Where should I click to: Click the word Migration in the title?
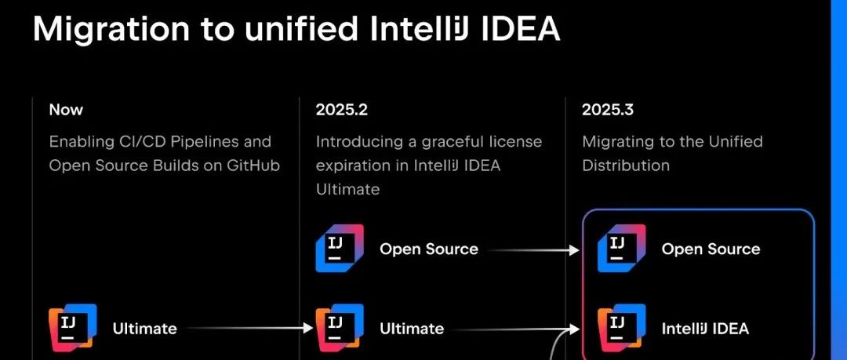[110, 29]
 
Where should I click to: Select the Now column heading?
[66, 110]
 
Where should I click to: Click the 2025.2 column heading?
[341, 110]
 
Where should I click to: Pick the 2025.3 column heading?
[608, 110]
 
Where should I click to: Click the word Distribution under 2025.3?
[626, 165]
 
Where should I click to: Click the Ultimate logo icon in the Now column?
[73, 328]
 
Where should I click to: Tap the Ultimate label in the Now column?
[145, 329]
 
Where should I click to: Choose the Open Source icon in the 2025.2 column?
[340, 248]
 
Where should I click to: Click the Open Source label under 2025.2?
[429, 249]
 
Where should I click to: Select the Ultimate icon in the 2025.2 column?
[340, 328]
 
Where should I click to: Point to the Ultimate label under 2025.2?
[412, 329]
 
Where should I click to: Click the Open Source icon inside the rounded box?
[622, 248]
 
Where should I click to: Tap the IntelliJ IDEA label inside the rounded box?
[705, 329]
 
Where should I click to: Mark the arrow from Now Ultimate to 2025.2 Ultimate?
[249, 328]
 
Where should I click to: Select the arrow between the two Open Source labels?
[534, 250]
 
